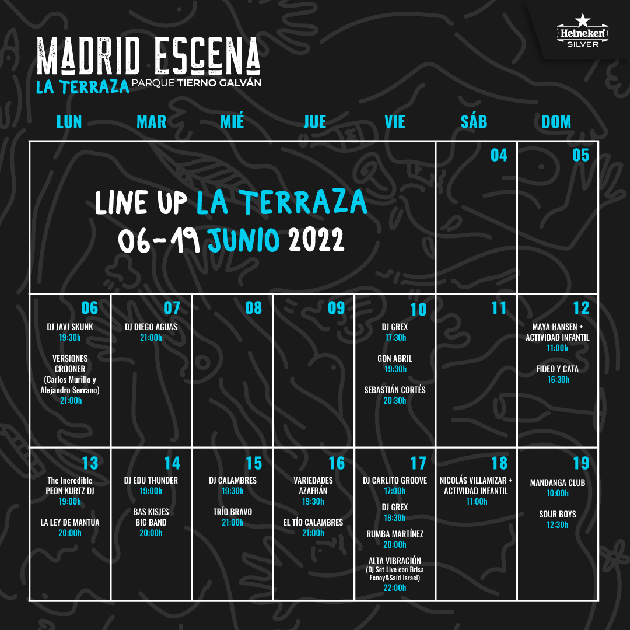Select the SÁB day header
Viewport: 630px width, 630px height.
point(474,122)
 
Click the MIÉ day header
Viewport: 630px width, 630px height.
point(232,122)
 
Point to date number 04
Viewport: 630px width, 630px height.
point(499,155)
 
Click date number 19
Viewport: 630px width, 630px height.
point(581,463)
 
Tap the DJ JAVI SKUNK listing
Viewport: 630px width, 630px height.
point(70,327)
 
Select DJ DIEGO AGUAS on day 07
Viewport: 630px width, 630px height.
point(151,327)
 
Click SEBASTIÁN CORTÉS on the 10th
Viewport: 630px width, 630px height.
point(395,390)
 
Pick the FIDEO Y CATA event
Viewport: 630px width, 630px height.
point(557,369)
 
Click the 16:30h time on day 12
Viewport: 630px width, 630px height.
point(558,380)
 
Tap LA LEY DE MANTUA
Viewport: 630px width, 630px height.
point(70,522)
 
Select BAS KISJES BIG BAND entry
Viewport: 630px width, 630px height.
point(151,517)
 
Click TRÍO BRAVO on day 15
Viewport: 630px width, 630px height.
point(233,512)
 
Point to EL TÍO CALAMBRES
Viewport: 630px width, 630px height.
point(313,522)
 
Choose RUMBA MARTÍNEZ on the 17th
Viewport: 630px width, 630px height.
point(395,534)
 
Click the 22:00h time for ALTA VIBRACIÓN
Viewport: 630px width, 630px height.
point(395,588)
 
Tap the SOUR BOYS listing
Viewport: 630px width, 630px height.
point(558,514)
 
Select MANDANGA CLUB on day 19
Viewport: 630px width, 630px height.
point(558,482)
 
